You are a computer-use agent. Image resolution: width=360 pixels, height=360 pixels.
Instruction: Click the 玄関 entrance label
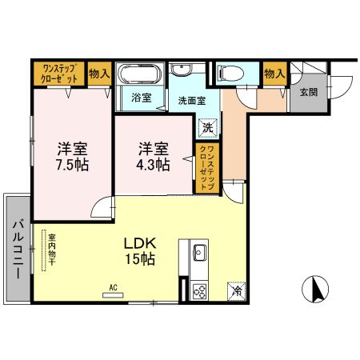pyautogui.click(x=309, y=92)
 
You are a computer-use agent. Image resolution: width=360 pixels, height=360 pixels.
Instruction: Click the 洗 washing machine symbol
pyautogui.click(x=207, y=126)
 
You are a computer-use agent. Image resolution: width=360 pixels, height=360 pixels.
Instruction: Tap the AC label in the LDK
pyautogui.click(x=114, y=286)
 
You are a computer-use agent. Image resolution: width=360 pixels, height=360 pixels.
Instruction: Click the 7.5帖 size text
pyautogui.click(x=72, y=164)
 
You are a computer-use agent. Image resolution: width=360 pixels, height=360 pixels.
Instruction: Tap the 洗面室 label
pyautogui.click(x=192, y=101)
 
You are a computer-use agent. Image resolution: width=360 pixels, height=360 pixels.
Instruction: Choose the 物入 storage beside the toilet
pyautogui.click(x=274, y=74)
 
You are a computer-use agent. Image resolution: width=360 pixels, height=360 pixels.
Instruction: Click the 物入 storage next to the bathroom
pyautogui.click(x=99, y=74)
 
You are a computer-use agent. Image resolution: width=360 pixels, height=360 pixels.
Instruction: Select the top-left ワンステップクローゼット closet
pyautogui.click(x=59, y=74)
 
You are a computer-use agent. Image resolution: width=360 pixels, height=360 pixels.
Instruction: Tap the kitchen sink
pyautogui.click(x=199, y=255)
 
